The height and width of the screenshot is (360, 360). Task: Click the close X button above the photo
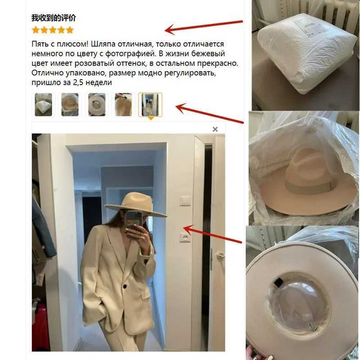pos(215,129)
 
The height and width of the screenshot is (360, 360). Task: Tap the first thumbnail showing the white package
pos(43,105)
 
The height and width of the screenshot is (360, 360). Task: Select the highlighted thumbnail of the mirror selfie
pos(150,105)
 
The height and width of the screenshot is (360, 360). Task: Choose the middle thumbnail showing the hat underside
pos(97,105)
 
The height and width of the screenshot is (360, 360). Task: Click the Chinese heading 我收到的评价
pos(54,18)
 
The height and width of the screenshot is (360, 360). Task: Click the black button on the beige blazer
pos(125,286)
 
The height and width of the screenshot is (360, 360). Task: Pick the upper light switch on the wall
pos(185,201)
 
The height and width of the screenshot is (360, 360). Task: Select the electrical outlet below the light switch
pos(185,237)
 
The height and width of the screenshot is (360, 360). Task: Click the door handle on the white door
pos(220,255)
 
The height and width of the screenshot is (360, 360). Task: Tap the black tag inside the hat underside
pos(278,283)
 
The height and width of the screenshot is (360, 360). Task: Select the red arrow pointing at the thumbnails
pos(209,113)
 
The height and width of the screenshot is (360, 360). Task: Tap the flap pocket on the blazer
pos(146,294)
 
